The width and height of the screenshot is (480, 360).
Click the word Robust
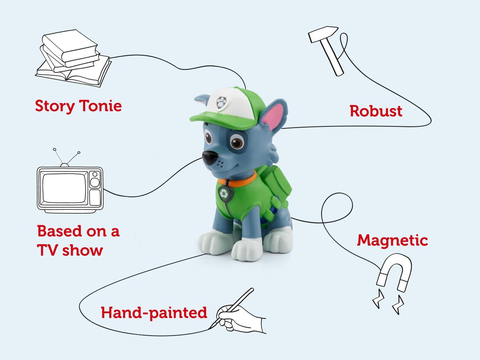pos(376,111)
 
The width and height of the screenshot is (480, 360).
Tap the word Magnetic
pos(392,241)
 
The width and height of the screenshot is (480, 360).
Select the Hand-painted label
pos(154,313)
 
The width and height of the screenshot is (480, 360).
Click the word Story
pos(55,106)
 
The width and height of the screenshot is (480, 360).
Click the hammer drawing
pos(326,50)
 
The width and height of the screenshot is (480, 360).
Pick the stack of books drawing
pos(73,58)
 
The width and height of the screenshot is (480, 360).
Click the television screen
pos(64,188)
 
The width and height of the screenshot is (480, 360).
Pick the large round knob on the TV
pos(95,182)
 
